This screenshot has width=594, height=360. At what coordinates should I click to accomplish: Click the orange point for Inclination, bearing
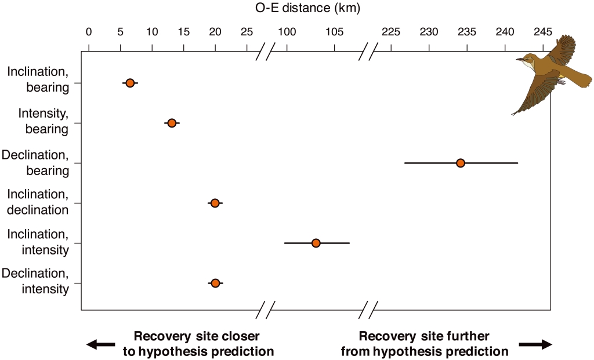tap(130, 83)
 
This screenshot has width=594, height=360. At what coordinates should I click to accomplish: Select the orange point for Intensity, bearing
tap(172, 123)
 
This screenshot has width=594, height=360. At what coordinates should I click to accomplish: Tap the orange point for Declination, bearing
tap(461, 163)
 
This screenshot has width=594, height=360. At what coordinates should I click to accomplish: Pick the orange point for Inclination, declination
tap(215, 203)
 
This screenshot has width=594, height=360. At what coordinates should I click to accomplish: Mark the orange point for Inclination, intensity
tap(316, 243)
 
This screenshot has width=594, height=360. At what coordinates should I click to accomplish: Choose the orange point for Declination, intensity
tap(215, 283)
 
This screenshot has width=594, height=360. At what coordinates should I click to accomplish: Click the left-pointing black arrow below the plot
tap(100, 345)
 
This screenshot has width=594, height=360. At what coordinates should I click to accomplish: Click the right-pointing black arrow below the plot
tap(535, 345)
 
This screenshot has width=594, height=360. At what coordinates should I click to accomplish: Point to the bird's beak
tap(520, 59)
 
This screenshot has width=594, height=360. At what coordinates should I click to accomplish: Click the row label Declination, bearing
tap(36, 163)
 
